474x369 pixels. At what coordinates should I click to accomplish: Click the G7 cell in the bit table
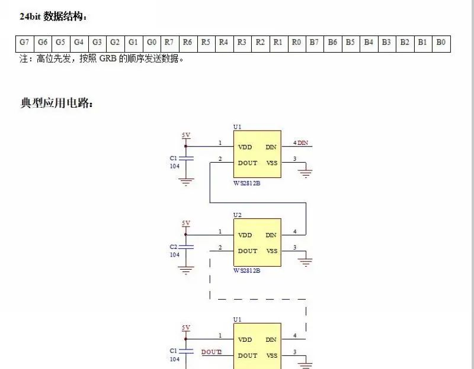coord(24,43)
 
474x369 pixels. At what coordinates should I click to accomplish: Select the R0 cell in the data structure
coord(296,43)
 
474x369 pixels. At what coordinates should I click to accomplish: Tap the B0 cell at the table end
coord(441,43)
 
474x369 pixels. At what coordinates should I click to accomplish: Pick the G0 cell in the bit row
coord(151,43)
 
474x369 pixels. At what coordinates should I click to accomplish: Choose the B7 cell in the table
coord(314,43)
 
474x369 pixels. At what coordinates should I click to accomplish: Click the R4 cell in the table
coord(223,43)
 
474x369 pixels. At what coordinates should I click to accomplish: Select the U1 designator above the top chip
coord(238,127)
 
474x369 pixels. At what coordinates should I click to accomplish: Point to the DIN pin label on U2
coord(271,235)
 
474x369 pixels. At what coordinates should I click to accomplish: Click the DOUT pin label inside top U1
coord(248,163)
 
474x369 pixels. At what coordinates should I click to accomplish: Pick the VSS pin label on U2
coord(271,251)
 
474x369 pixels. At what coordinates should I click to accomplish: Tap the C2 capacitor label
coord(174,247)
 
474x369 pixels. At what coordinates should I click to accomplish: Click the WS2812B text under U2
coord(247,271)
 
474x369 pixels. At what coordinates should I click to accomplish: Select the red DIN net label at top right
coord(303,143)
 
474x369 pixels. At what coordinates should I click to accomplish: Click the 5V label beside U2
coord(186,223)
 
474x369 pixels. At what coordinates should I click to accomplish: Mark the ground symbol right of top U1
coord(306,172)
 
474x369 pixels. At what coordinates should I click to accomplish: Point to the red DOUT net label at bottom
coord(212,352)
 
